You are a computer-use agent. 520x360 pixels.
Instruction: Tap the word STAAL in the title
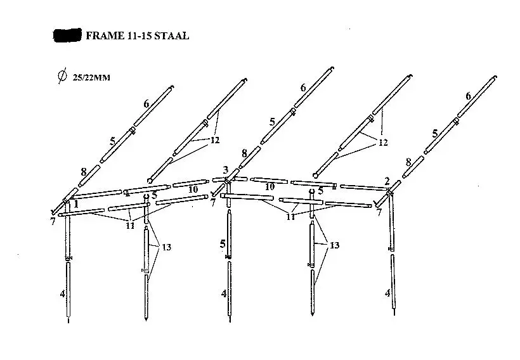tap(172, 35)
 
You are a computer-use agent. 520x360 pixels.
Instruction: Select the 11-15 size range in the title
tap(139, 35)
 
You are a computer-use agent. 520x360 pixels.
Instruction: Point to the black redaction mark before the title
tap(67, 35)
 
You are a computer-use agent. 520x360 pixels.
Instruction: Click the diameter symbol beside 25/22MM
tap(62, 75)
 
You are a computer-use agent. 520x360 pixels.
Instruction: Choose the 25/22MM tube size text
tap(91, 77)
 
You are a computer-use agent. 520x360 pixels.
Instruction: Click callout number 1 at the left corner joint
tap(76, 204)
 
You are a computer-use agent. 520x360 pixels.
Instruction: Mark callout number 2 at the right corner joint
tap(387, 181)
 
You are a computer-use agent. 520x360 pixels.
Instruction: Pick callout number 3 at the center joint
tap(226, 170)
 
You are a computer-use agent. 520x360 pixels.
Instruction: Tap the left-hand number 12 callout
tap(215, 140)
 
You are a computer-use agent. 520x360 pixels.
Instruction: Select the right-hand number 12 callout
tap(383, 143)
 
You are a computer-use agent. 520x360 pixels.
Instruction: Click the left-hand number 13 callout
tap(166, 247)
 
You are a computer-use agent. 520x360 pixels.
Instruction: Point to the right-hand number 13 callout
tap(334, 245)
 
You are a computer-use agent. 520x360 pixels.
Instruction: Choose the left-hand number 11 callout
tap(130, 226)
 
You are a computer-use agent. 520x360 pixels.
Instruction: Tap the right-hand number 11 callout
tap(291, 217)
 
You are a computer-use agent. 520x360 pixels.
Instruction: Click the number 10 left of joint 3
tap(193, 190)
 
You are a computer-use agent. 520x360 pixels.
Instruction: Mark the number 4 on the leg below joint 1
tap(62, 293)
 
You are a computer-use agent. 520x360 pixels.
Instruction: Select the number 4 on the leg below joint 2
tap(387, 293)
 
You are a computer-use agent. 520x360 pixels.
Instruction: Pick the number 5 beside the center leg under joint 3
tap(223, 244)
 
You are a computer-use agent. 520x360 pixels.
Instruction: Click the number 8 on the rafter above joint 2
tap(408, 162)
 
